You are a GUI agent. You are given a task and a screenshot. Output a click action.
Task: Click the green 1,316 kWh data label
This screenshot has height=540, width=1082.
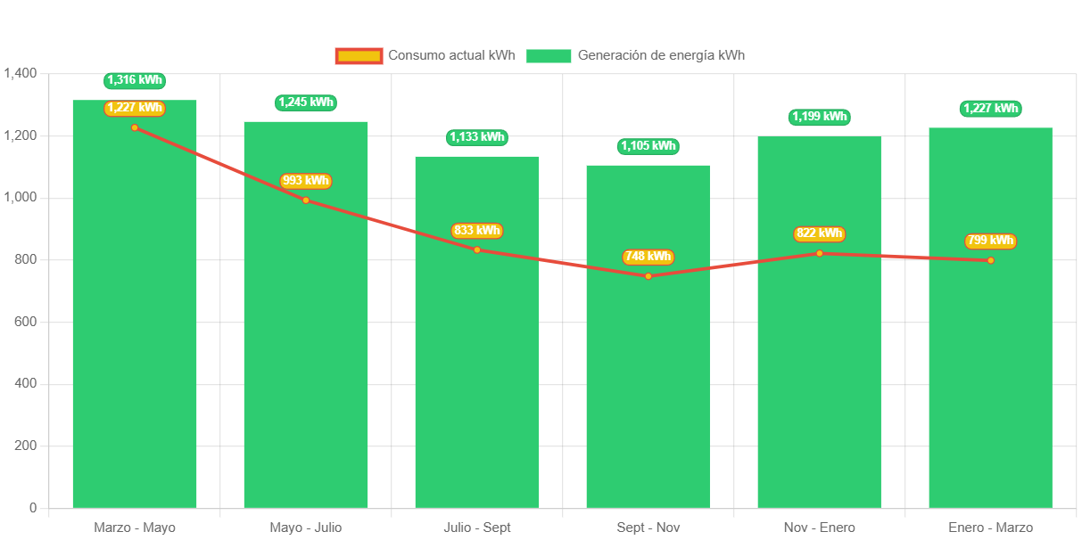pos(135,80)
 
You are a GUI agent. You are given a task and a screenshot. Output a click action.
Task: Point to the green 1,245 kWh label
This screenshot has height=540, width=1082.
pos(306,102)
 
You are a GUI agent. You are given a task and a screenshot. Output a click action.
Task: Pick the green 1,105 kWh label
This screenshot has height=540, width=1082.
pos(648,146)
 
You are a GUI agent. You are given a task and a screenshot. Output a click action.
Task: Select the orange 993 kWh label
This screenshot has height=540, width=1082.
pos(306,181)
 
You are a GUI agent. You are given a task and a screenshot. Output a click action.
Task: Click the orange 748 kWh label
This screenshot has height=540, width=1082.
pos(648,257)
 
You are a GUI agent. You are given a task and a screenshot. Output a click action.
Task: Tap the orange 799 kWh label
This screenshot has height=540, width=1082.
pos(990,241)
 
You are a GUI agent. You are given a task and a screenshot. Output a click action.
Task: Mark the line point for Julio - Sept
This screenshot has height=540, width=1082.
pos(477,250)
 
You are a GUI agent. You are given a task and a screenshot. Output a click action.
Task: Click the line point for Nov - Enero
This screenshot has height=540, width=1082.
pos(819,253)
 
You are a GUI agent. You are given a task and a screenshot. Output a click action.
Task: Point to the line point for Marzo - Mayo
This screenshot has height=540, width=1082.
pos(135,127)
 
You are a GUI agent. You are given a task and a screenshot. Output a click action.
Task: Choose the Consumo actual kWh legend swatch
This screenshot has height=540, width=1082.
pos(359,56)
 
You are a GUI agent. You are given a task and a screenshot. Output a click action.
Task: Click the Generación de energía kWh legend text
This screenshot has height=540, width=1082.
pos(661,55)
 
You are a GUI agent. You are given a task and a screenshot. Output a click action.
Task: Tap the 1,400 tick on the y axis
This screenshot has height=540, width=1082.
pos(21,73)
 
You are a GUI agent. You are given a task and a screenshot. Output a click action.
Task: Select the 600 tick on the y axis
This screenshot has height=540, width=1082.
pos(26,321)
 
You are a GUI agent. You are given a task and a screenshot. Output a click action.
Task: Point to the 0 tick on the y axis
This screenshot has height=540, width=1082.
pos(33,507)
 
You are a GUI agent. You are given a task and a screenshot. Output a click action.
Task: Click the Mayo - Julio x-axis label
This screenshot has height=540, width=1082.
pos(306,528)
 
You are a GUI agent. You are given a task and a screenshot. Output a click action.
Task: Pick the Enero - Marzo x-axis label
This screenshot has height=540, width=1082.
pos(990,528)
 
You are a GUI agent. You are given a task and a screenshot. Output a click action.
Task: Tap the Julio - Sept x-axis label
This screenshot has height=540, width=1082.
pos(477,528)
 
